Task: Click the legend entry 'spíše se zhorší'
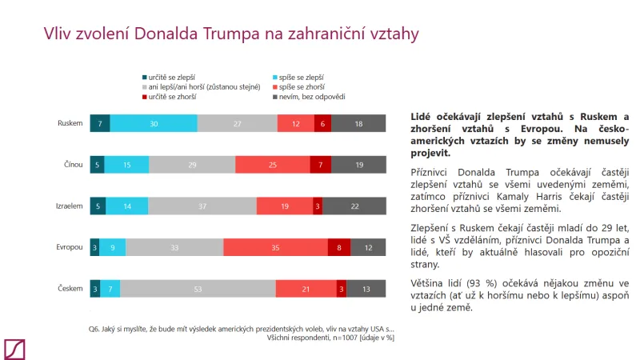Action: point(300,86)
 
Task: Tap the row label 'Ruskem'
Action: point(70,123)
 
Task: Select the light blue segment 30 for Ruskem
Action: point(154,123)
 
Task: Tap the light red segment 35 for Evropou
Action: point(275,247)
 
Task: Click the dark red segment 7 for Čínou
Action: point(320,165)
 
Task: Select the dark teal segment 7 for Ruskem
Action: point(100,123)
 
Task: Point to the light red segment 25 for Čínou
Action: point(272,165)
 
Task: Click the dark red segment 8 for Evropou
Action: point(339,247)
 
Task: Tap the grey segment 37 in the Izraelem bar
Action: point(202,206)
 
